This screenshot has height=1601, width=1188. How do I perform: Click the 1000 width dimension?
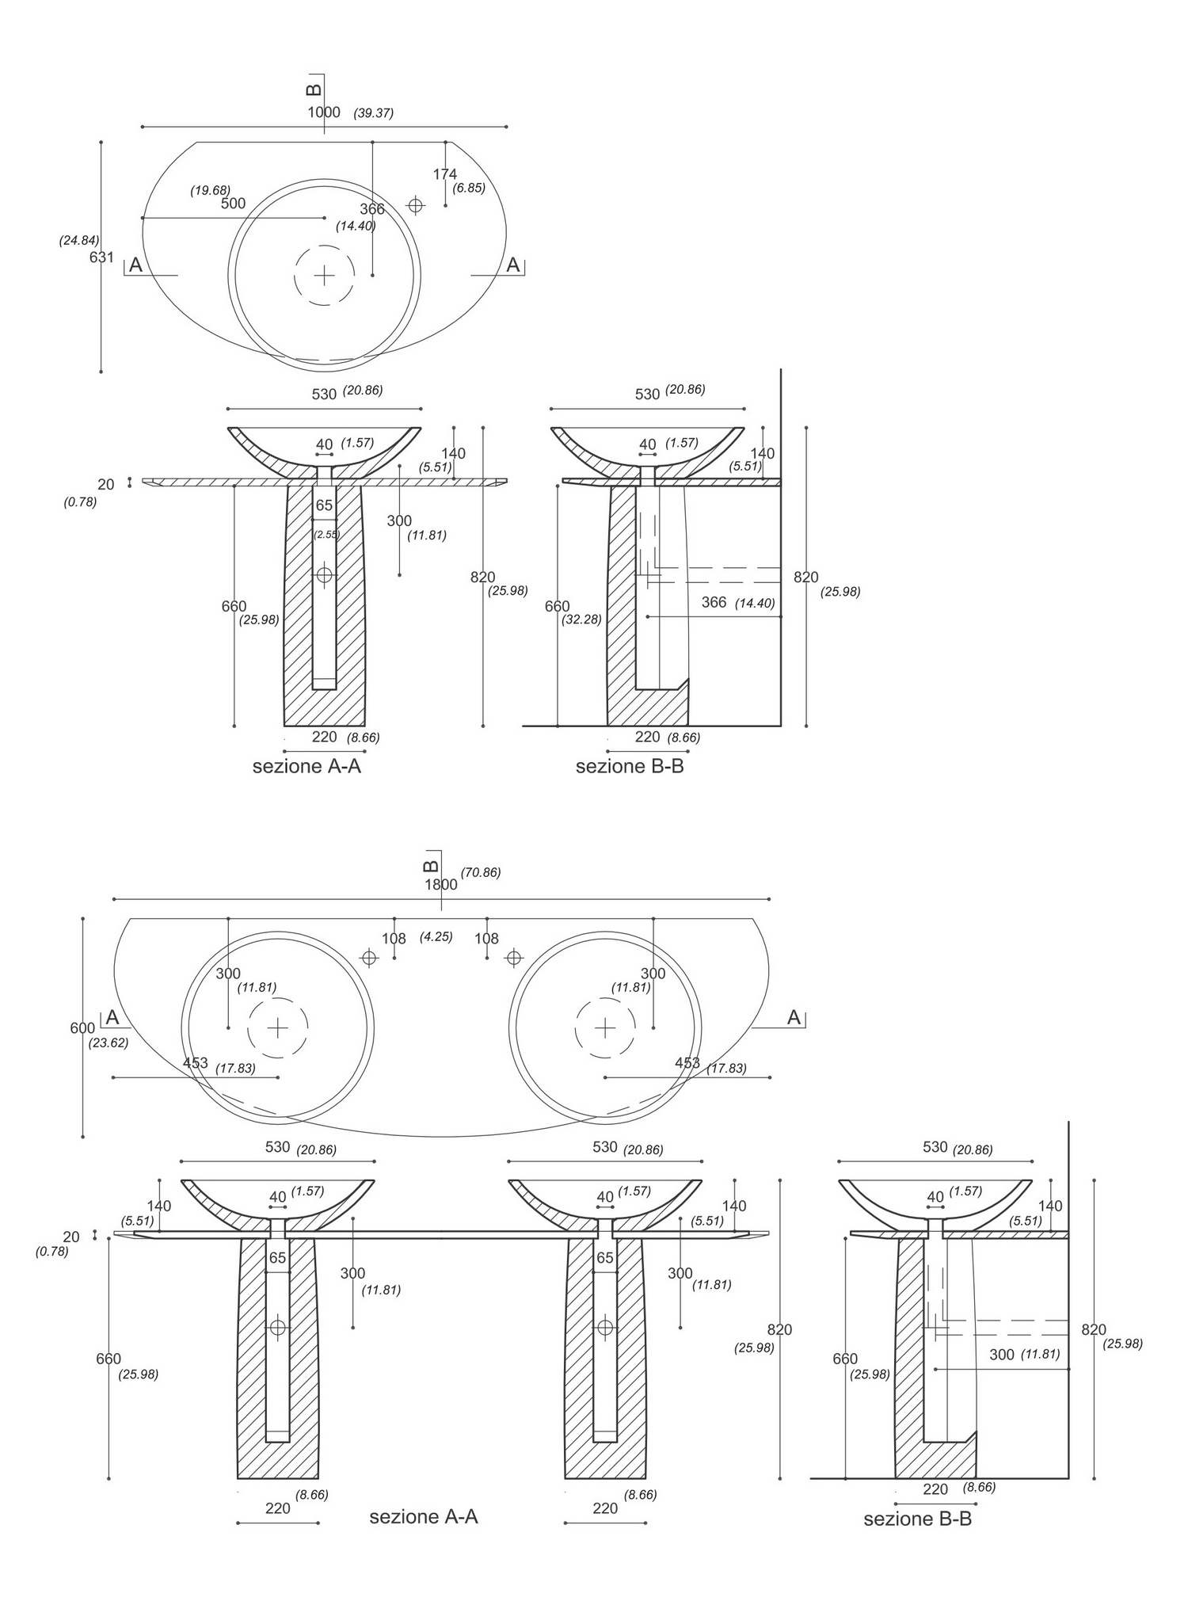tap(324, 112)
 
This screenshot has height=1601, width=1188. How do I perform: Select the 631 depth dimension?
tap(101, 257)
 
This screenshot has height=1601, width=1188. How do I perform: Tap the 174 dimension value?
tap(444, 174)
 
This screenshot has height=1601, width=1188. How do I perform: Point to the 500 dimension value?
tap(233, 204)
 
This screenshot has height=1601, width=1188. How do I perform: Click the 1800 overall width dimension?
tap(441, 885)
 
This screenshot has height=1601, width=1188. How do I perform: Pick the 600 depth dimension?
tap(82, 1028)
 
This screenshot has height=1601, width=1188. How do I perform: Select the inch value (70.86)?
tap(481, 872)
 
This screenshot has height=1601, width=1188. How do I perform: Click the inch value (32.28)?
tap(582, 619)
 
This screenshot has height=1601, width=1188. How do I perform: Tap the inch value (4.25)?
tap(436, 936)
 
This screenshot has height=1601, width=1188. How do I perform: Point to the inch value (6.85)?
tap(469, 188)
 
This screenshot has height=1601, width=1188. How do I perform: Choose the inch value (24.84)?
tap(79, 240)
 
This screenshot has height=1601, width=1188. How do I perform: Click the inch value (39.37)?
tap(374, 113)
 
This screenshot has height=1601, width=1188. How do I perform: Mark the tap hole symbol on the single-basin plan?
tap(415, 206)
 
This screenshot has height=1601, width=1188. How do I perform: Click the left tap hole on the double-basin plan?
tap(368, 958)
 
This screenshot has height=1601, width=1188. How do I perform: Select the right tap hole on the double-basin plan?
tap(514, 958)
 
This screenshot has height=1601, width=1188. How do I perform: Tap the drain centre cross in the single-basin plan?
tap(324, 275)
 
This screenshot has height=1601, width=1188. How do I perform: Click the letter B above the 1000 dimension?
tap(314, 89)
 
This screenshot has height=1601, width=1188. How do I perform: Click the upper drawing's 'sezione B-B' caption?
tap(630, 766)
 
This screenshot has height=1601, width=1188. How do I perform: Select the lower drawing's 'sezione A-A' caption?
tap(424, 1516)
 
